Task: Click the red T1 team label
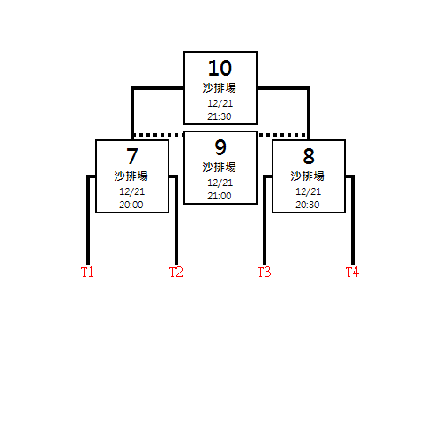point(87,272)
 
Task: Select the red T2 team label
point(176,272)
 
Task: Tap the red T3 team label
point(264,272)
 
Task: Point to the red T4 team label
point(352,272)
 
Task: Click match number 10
point(220,68)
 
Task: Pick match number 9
point(220,147)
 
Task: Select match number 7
point(132,156)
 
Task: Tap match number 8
point(309,156)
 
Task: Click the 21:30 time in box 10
point(220,116)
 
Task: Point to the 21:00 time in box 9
point(220,196)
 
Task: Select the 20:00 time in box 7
point(131,205)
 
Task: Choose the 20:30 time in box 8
point(308,205)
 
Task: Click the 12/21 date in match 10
point(220,103)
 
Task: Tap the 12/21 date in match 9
point(220,183)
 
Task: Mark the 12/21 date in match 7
point(131,191)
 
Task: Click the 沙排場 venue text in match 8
point(308,176)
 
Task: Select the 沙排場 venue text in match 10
point(220,88)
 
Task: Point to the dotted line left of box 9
point(159,135)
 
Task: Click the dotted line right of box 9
point(282,135)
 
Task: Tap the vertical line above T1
point(88,220)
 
